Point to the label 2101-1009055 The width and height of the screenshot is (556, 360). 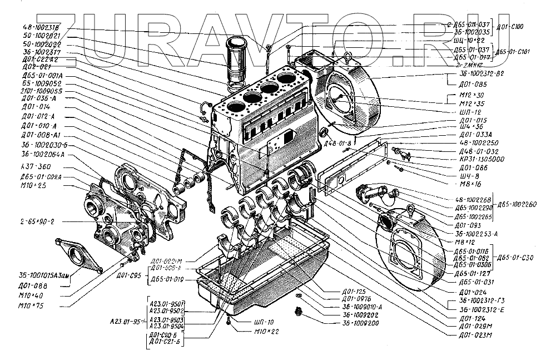click(42, 90)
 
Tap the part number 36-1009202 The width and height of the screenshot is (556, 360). click(361, 314)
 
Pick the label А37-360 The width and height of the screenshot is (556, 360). click(37, 167)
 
